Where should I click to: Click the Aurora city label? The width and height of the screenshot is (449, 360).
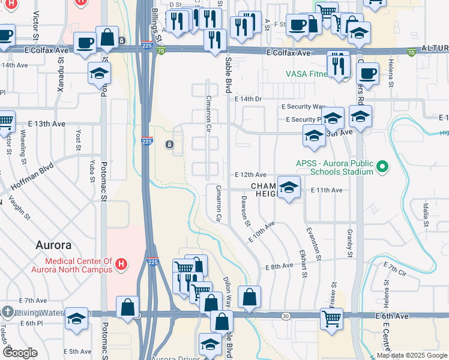tap(53, 245)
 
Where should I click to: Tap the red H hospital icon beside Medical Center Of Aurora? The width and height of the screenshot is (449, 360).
tap(121, 263)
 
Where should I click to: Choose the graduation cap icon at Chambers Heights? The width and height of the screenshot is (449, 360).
tap(289, 188)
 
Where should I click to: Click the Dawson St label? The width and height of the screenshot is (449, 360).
tap(245, 210)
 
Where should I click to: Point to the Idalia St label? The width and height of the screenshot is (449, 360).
tap(426, 215)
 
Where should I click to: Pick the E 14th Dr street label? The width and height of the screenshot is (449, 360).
tap(249, 99)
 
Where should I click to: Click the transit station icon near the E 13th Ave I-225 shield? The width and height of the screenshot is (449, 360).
tap(170, 144)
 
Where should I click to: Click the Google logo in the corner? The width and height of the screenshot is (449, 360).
tap(20, 353)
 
